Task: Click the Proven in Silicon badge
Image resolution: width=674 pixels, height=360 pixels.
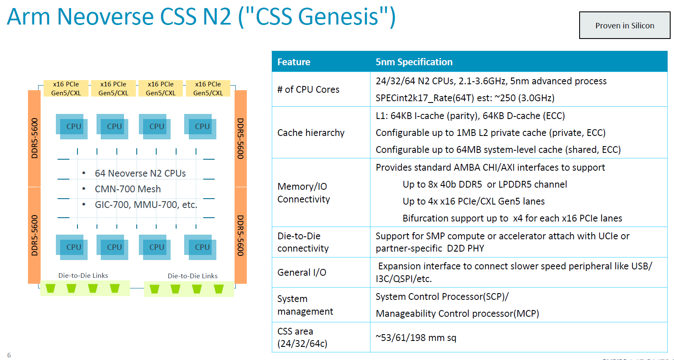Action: tap(624, 25)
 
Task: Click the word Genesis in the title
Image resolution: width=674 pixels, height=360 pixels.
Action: tap(338, 17)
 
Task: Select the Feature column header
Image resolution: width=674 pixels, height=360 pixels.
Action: tap(294, 62)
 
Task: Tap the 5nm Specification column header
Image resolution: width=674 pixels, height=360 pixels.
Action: tap(414, 62)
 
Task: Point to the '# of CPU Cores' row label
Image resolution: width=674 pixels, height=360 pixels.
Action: tap(308, 89)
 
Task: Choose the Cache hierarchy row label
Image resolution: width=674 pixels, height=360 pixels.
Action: tap(311, 133)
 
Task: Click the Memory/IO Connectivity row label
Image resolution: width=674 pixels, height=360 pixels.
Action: tap(304, 193)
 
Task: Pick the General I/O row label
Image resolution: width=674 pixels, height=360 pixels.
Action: tap(302, 272)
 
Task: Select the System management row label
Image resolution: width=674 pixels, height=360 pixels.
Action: tap(305, 305)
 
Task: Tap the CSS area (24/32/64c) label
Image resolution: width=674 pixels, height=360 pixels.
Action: tap(302, 337)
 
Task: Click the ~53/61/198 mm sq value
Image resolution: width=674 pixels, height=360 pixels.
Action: tap(416, 338)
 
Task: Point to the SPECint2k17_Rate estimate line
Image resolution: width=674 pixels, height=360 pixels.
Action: tap(465, 98)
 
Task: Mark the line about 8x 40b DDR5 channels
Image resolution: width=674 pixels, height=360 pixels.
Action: tap(484, 184)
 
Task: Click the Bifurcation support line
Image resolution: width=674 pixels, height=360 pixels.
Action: tap(512, 218)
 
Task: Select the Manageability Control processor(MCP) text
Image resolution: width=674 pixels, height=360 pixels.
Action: tap(457, 313)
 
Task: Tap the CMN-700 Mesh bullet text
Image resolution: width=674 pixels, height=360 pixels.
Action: tap(127, 189)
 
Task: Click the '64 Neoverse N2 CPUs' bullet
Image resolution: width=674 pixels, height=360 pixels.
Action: tap(140, 173)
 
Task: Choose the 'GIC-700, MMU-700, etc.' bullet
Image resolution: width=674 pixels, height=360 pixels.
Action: tap(146, 205)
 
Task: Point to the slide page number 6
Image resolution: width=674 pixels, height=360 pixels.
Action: tap(9, 355)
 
